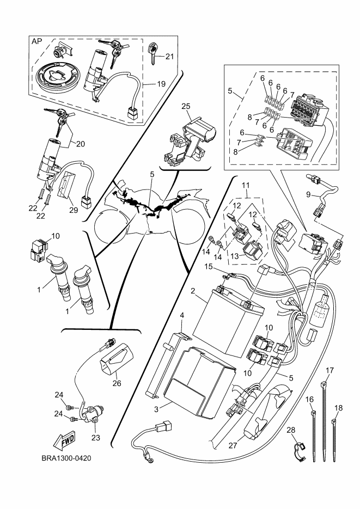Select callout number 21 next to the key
[x=169, y=56]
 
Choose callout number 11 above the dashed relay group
[x=246, y=185]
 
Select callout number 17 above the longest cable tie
[x=329, y=370]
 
